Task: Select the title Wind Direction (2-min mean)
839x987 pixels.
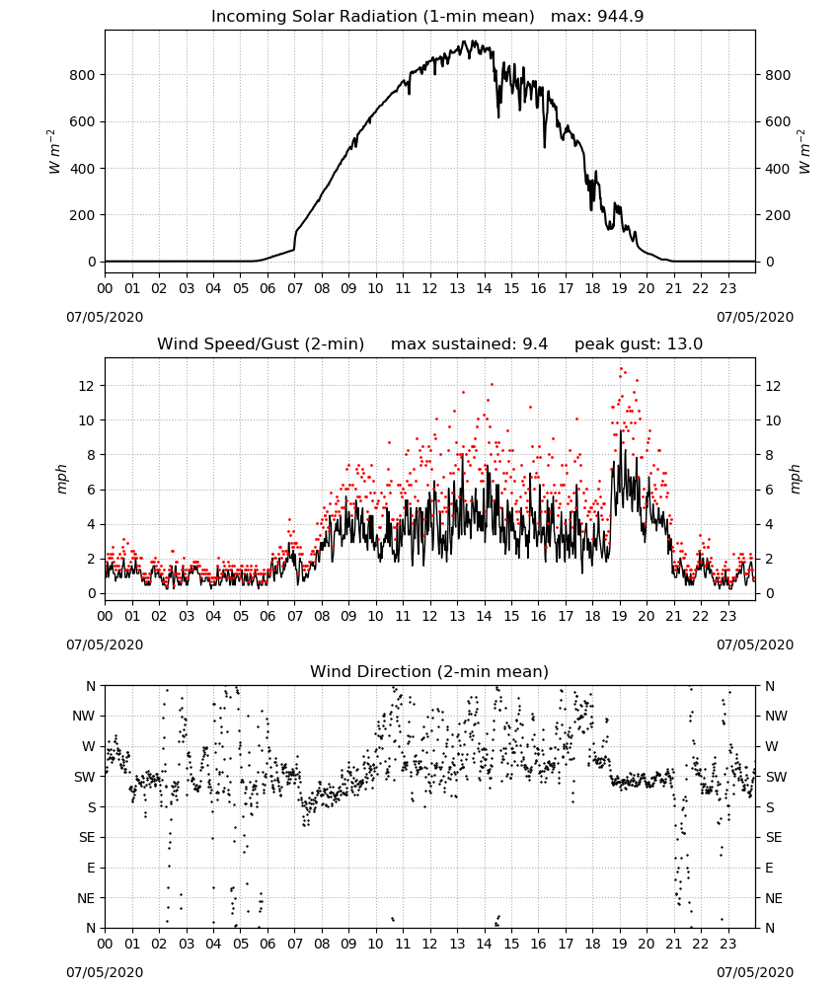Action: (429, 671)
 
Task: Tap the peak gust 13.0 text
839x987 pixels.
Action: (639, 344)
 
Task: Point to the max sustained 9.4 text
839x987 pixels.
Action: (469, 344)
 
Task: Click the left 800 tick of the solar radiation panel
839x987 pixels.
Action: (82, 75)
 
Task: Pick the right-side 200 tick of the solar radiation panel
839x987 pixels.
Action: (778, 215)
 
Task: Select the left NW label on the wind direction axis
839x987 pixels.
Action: (84, 716)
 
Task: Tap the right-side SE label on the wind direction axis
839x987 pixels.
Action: (774, 837)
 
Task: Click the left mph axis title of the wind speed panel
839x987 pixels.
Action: (61, 480)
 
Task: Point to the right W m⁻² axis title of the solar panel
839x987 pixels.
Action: (804, 152)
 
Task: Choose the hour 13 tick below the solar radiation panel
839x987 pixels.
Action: (457, 288)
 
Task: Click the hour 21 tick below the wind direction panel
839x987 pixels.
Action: (674, 943)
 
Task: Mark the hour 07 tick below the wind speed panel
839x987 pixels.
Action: (294, 616)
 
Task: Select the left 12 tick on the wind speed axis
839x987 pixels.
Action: (87, 385)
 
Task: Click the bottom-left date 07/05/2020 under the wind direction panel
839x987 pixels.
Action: (105, 972)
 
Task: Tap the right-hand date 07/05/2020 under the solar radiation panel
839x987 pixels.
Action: (755, 317)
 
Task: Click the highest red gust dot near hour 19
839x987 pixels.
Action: (621, 369)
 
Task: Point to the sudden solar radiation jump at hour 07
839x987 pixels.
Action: (294, 241)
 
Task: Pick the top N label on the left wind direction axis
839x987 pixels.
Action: (91, 686)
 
